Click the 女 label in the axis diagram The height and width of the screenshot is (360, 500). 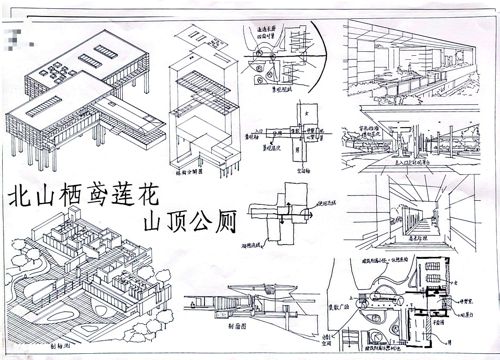click(306, 113)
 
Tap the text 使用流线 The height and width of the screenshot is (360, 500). click(328, 203)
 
